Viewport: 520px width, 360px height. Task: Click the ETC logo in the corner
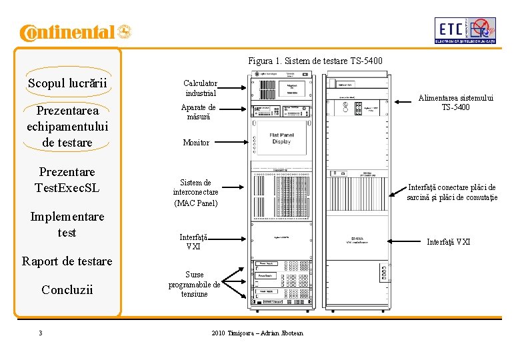coord(465,30)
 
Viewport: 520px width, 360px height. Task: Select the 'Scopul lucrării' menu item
coord(67,83)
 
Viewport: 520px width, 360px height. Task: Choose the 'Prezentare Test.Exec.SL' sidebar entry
coord(67,180)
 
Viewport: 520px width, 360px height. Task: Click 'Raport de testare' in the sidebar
coord(67,261)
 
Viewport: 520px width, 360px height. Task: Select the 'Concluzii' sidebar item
coord(67,289)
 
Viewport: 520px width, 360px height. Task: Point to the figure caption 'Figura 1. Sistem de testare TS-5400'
coord(315,61)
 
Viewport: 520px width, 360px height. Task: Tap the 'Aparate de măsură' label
coord(198,112)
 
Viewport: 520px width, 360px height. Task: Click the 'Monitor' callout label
coord(196,143)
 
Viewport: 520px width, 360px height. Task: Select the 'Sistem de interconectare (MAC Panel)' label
coord(195,192)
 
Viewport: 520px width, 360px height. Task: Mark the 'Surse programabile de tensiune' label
coord(194,284)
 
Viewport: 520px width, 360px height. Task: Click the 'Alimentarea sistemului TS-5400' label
coord(455,103)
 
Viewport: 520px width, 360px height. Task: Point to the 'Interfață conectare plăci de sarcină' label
coord(452,192)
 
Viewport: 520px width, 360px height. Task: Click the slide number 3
coord(41,333)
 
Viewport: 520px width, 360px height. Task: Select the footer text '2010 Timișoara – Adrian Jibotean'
coord(257,333)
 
